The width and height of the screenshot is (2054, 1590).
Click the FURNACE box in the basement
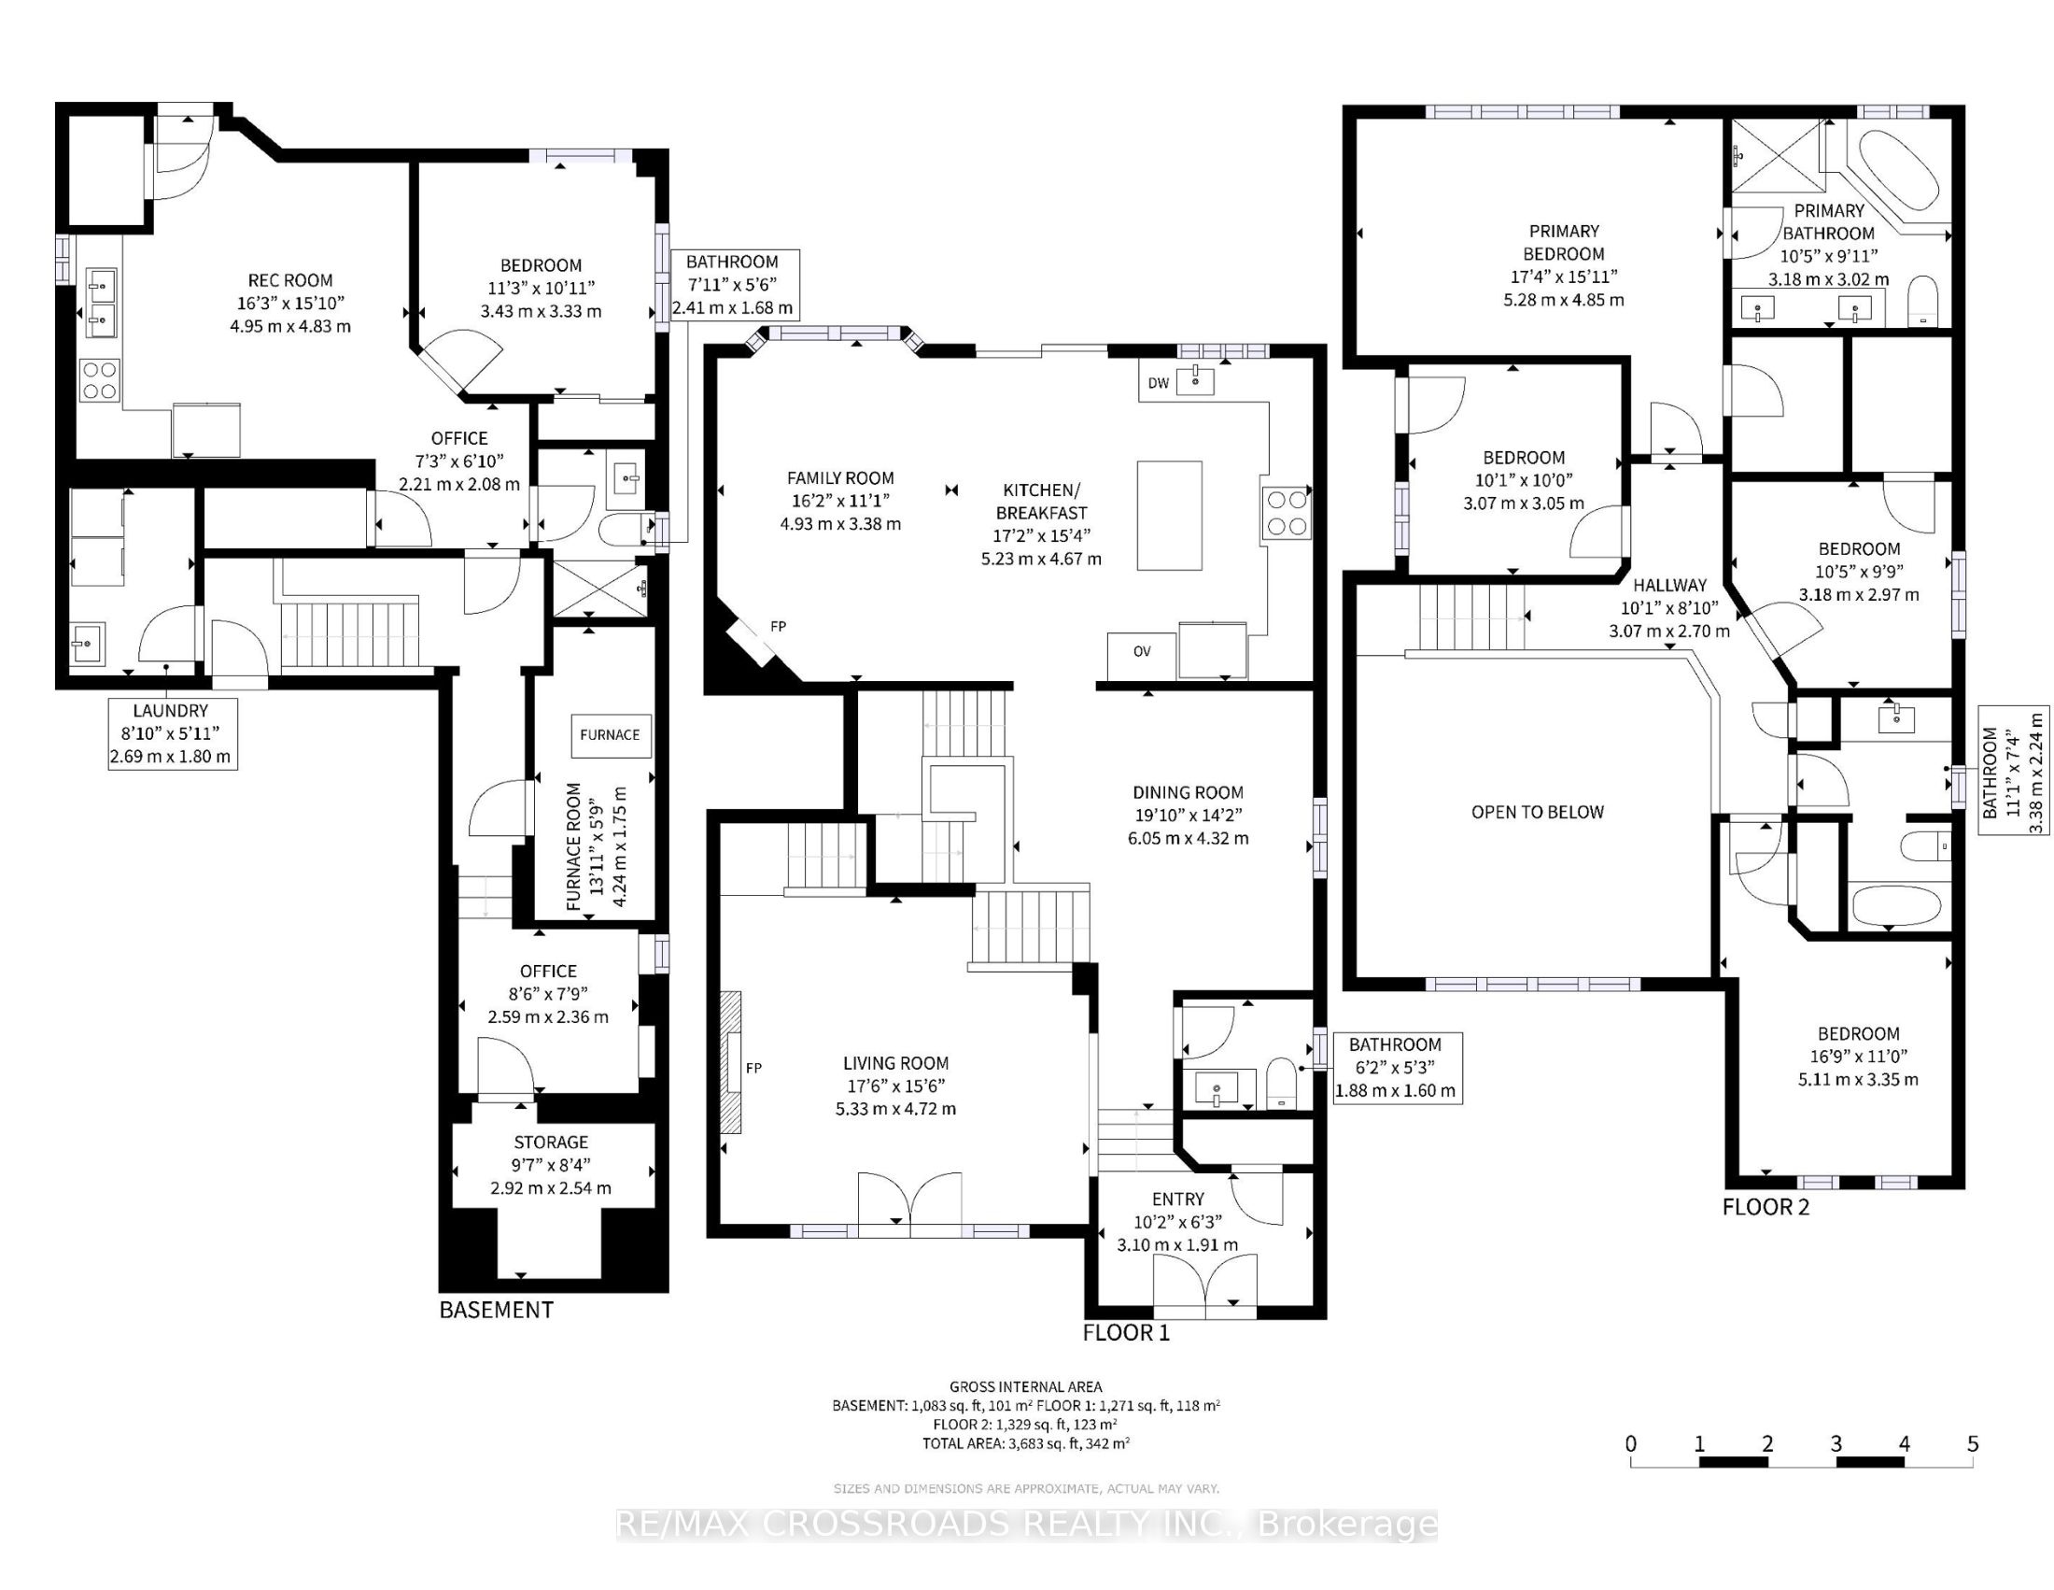(610, 735)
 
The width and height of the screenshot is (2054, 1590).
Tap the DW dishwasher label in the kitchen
(1159, 383)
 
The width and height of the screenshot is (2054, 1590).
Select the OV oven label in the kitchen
(1142, 651)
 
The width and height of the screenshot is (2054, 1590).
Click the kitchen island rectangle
(1169, 516)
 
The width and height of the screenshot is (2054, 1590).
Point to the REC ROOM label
(289, 280)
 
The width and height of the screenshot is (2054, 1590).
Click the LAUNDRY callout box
(172, 734)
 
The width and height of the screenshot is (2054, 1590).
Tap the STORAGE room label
(551, 1143)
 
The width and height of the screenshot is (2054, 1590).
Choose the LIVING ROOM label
(895, 1063)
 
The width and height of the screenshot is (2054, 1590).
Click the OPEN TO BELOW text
(1538, 812)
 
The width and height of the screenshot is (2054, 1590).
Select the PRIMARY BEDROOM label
(1564, 243)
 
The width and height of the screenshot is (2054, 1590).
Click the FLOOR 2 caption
(1766, 1207)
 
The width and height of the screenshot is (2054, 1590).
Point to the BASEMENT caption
(497, 1310)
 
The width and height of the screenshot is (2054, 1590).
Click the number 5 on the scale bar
(1973, 1444)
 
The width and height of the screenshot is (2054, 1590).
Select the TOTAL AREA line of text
(1026, 1443)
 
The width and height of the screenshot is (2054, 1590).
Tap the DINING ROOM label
(1188, 792)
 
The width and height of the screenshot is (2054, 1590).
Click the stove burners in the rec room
(100, 379)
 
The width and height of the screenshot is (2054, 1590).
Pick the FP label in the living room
(753, 1068)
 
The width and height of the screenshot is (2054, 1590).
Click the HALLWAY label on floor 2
(1669, 585)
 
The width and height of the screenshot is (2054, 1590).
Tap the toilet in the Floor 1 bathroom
(1281, 1083)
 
